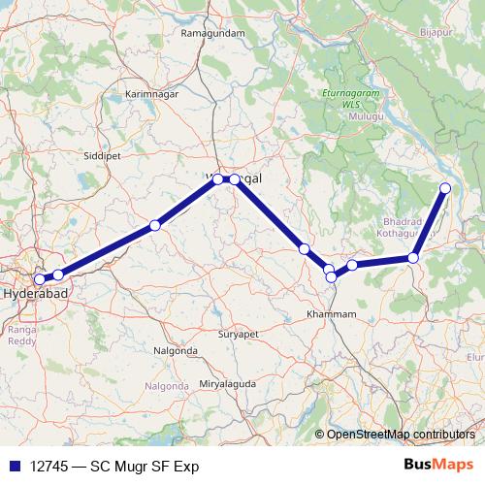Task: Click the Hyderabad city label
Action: coord(36,291)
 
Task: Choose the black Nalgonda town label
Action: coord(177,349)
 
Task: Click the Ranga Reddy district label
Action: coord(22,336)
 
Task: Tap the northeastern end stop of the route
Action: coord(445,188)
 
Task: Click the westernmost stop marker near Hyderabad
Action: coord(39,253)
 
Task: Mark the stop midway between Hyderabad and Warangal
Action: coord(154,226)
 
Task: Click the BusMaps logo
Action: coord(437,466)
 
